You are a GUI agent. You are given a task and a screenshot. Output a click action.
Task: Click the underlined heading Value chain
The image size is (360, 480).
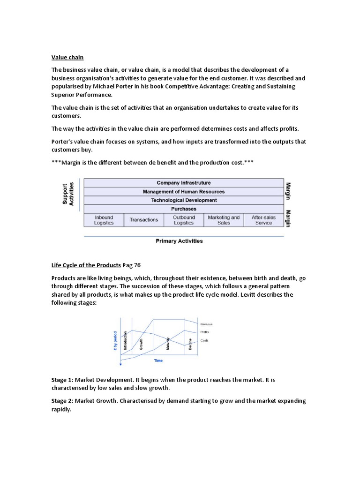(67, 57)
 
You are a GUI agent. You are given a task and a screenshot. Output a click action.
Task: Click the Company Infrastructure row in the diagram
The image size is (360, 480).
(183, 183)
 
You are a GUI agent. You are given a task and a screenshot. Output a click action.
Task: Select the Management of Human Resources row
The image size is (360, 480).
(183, 191)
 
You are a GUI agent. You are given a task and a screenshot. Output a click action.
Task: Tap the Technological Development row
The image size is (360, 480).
(183, 200)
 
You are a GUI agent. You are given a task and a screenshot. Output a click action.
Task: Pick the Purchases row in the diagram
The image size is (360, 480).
(183, 209)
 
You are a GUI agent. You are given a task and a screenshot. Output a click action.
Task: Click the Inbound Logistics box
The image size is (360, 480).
(104, 220)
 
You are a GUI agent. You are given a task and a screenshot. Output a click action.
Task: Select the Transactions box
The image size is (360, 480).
(144, 220)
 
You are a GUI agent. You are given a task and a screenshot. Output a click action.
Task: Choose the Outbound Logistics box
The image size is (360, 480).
(184, 220)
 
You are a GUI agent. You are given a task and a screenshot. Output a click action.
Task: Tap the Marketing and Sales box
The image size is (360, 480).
(224, 220)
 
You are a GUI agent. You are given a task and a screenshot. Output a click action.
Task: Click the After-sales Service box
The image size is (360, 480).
(263, 220)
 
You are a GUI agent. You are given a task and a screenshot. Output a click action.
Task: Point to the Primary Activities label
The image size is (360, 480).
(179, 241)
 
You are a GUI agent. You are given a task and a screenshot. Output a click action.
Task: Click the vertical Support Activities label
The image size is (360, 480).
(68, 194)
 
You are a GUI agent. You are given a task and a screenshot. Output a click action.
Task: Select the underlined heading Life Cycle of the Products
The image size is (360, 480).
(86, 264)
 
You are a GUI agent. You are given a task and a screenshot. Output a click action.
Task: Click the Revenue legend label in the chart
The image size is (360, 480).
(207, 324)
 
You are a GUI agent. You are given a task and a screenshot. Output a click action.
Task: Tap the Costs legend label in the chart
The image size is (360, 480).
(204, 340)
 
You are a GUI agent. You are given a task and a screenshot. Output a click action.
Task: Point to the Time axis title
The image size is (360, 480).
(159, 361)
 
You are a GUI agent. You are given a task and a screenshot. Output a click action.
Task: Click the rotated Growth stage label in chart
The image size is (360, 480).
(141, 345)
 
